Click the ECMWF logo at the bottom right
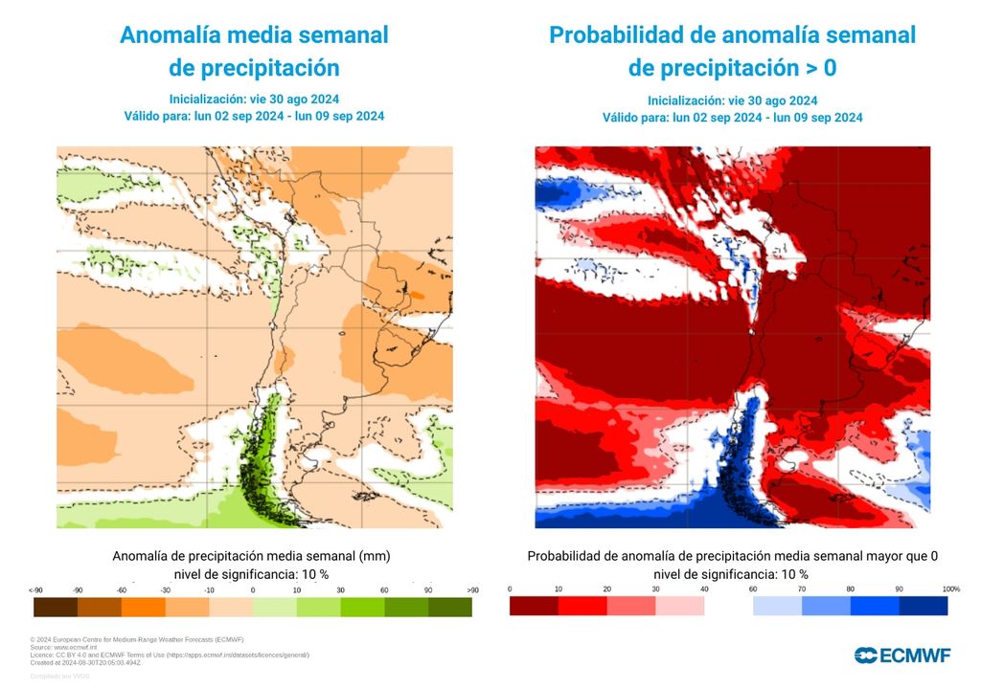902,655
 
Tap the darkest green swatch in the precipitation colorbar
449,607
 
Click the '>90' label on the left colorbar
471,589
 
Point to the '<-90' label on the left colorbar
35,589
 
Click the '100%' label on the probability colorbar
950,589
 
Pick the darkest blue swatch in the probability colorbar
924,606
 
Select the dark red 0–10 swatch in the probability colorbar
534,606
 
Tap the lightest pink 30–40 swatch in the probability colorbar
679,606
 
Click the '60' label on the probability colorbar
753,589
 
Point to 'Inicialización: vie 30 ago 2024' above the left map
254,99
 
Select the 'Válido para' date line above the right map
732,118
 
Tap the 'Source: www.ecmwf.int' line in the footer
69,648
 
